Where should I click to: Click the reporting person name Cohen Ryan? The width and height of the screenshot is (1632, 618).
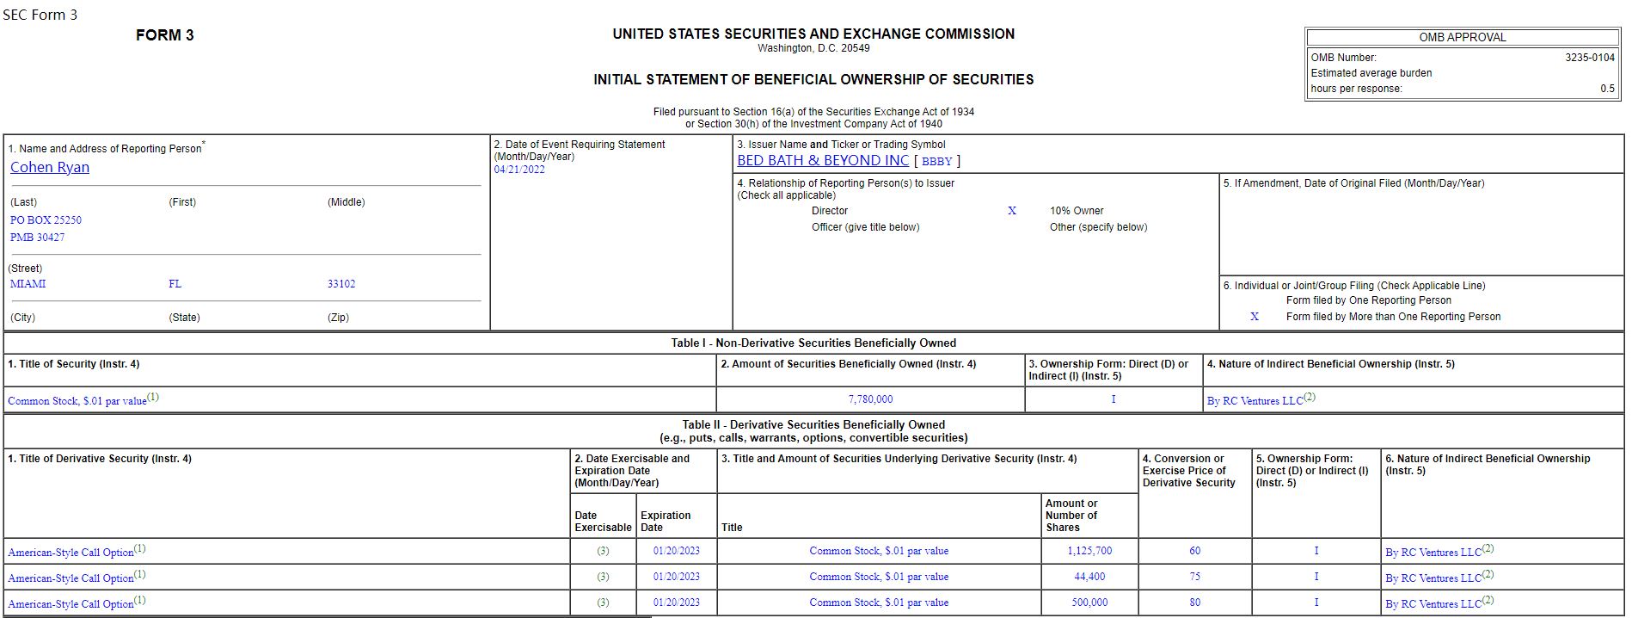tap(50, 168)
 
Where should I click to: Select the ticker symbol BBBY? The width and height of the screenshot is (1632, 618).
tap(936, 161)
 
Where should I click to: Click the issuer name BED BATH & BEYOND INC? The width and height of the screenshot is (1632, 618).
tap(822, 161)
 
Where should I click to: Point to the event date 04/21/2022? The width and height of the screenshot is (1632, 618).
tap(519, 170)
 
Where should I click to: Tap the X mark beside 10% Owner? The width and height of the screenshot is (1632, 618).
tap(1012, 211)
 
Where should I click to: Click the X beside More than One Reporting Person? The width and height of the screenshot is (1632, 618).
tap(1255, 317)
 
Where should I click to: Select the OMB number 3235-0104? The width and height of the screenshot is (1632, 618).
tap(1590, 58)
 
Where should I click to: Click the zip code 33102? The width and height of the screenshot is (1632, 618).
tap(341, 284)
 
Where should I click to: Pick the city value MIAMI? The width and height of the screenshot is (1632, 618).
tap(28, 284)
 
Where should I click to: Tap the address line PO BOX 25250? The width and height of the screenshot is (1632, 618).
tap(46, 220)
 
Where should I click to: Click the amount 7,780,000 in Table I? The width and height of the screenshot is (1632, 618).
tap(870, 399)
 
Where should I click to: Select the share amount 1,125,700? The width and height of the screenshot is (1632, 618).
tap(1089, 551)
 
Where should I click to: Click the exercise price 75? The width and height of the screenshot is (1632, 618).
tap(1194, 577)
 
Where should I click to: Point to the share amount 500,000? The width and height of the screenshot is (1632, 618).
tap(1089, 603)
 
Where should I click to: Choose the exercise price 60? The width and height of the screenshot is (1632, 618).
tap(1194, 551)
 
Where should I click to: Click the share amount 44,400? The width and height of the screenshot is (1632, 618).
tap(1089, 577)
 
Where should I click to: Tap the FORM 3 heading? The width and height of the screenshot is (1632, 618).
tap(165, 35)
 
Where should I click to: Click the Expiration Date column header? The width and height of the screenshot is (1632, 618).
tap(666, 522)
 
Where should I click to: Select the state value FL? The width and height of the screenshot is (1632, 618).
tap(175, 284)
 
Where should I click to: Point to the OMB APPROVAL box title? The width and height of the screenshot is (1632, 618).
tap(1463, 38)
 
